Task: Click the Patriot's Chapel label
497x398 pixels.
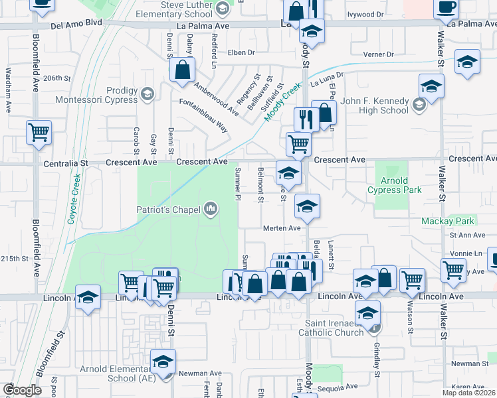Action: (x=168, y=210)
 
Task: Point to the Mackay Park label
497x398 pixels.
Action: (x=447, y=221)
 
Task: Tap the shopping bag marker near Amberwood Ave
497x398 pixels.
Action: (x=182, y=69)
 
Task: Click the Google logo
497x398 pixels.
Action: (x=22, y=389)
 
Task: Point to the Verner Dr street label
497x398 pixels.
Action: (x=377, y=54)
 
